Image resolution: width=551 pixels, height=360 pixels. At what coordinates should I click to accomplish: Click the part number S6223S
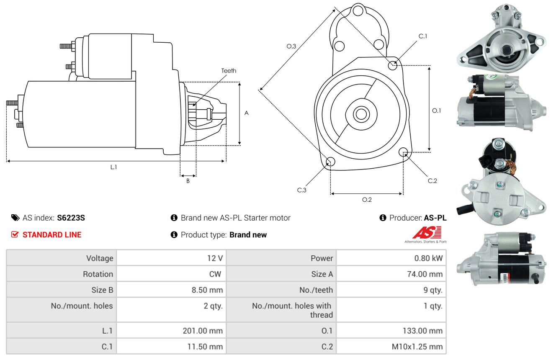pos(71,218)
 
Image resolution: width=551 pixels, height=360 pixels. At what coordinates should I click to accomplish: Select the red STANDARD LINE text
pos(52,235)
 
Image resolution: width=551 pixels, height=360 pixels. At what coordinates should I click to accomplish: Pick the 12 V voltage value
pos(215,258)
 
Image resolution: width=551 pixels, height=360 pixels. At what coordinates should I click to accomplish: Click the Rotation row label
pos(98,274)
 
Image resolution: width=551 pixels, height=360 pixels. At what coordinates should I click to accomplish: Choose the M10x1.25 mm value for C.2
pos(417,347)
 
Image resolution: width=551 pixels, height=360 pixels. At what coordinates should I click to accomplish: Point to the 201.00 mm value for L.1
pos(203,331)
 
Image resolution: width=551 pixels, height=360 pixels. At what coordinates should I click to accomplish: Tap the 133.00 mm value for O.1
pos(422,331)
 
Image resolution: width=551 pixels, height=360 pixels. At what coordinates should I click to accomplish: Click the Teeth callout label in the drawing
pos(229,71)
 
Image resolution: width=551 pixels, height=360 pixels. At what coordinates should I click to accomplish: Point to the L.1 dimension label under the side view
pos(113,167)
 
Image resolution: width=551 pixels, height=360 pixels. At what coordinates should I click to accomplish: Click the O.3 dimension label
pos(291,46)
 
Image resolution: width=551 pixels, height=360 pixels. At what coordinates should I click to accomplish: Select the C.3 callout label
pos(302,190)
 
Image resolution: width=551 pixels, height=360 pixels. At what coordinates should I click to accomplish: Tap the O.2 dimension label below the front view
pos(367,200)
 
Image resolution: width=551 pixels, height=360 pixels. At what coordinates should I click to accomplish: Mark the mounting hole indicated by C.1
pos(393,65)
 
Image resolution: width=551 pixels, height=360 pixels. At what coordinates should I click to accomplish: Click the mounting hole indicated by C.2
pos(403,152)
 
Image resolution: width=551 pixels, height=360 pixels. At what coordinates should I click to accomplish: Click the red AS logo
pos(427,233)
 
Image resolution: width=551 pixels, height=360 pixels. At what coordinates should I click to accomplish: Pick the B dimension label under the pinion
pos(188,181)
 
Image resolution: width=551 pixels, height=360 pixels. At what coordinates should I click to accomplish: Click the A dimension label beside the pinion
pos(247,113)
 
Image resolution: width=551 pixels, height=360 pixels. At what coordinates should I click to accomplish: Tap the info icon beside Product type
pos(174,235)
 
